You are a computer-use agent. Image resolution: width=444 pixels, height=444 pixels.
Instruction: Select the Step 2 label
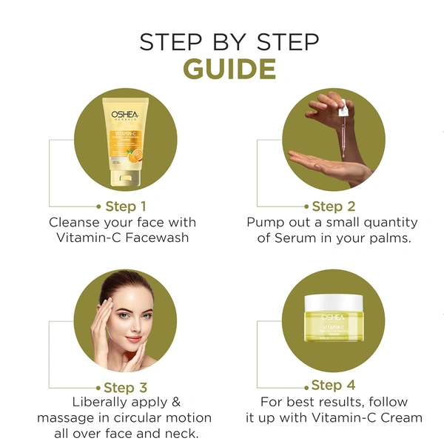(x=334, y=206)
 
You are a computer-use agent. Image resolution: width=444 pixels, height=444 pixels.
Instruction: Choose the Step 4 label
(x=334, y=385)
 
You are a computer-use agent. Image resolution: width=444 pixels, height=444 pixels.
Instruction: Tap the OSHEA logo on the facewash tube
(x=127, y=115)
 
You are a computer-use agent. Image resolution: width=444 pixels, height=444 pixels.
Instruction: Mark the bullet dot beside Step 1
(x=99, y=206)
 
